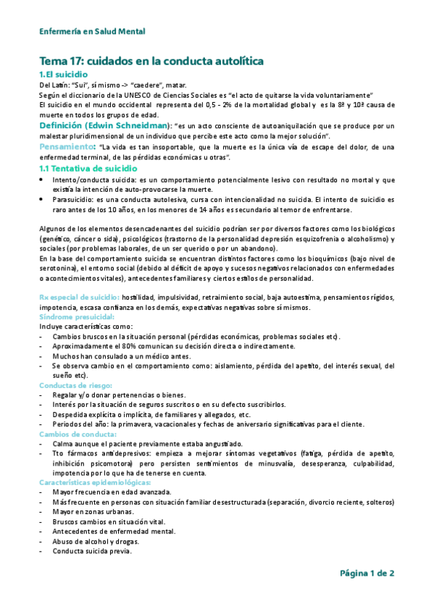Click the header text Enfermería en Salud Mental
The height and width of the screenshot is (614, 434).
pos(92,31)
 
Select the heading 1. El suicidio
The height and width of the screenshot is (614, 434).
pos(64,75)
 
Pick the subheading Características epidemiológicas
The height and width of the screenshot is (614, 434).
pos(95,481)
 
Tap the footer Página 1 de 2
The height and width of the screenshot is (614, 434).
pos(367,573)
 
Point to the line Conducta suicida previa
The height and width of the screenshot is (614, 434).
pos(91,550)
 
